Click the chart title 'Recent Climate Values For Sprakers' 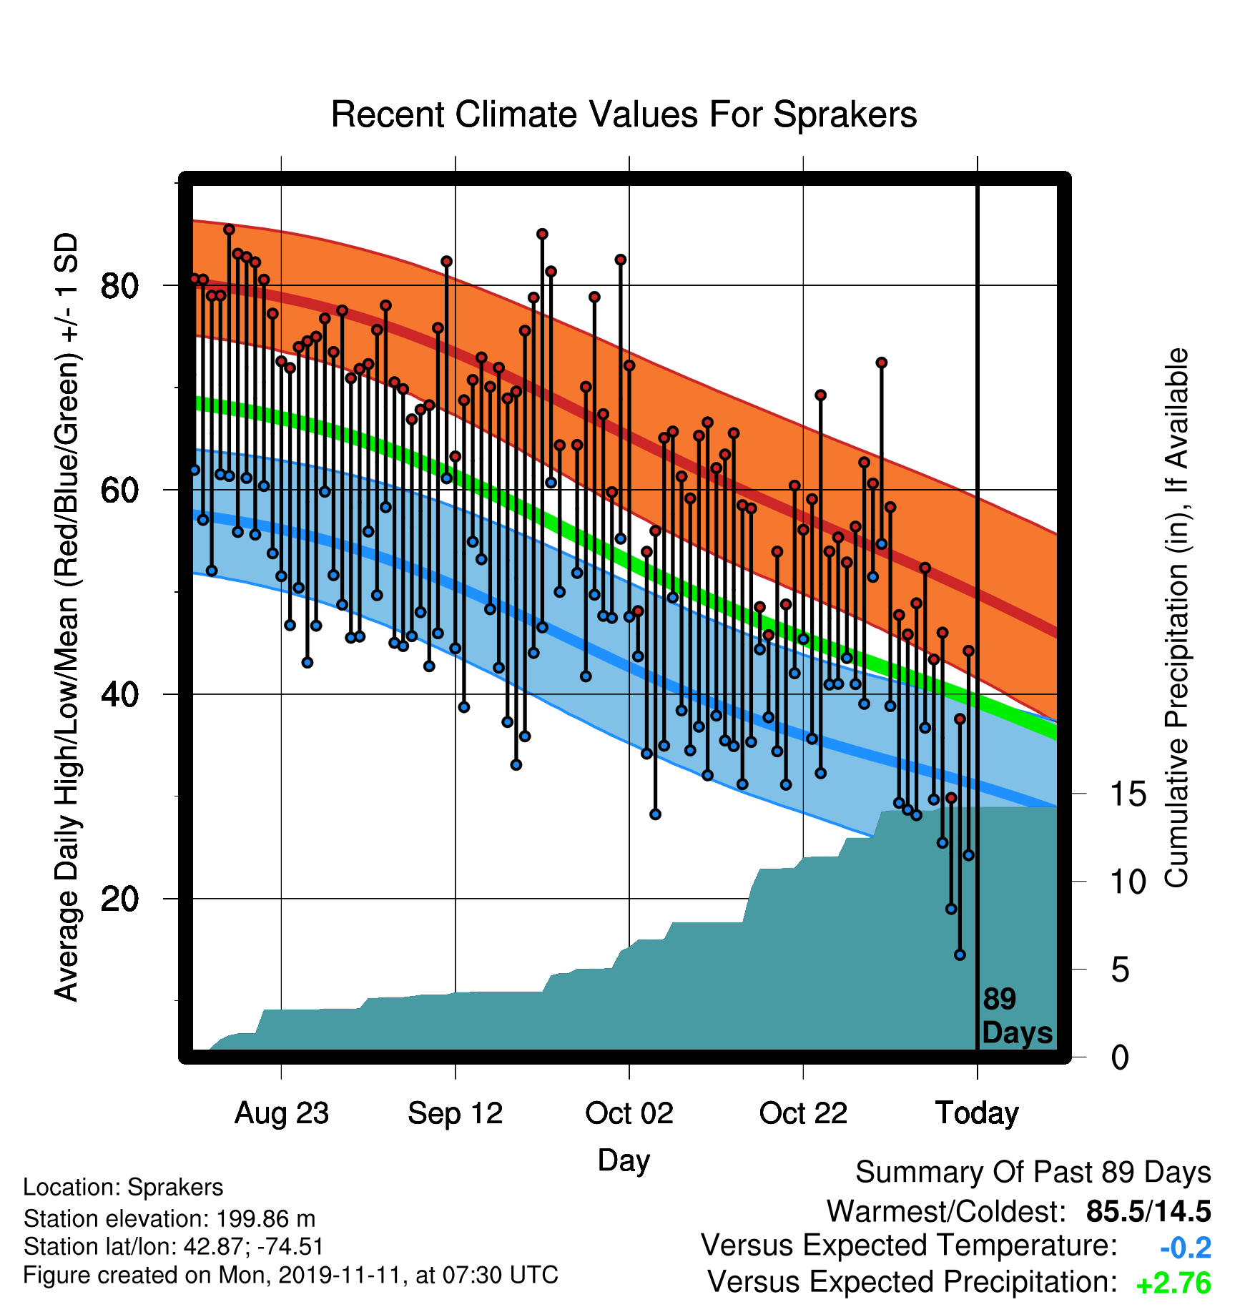point(624,114)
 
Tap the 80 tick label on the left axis point(119,286)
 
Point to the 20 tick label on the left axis point(119,899)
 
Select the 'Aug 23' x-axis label point(282,1113)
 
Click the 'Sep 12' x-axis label point(456,1113)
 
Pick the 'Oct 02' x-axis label point(629,1113)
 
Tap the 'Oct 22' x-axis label point(803,1113)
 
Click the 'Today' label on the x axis point(978,1113)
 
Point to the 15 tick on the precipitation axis point(1128,794)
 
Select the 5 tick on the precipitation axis point(1121,970)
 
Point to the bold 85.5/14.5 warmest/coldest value point(1148,1211)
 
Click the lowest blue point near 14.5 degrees point(960,955)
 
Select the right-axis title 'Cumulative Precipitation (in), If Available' point(1176,618)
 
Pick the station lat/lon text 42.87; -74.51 point(254,1247)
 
